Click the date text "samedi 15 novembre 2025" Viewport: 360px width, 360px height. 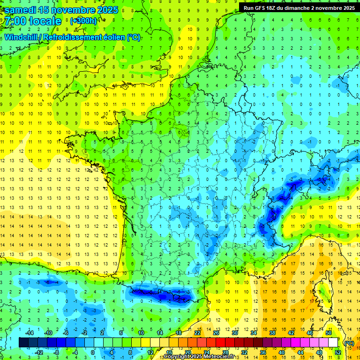(x=61, y=10)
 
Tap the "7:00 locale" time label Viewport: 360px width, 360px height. (x=33, y=22)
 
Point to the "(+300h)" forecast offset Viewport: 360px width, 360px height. (x=83, y=21)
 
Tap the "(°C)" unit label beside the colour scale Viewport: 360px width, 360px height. (x=348, y=343)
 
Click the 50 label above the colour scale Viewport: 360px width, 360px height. (x=329, y=333)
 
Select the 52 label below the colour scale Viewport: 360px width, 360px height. (x=338, y=352)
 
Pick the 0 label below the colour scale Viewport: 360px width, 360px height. (x=92, y=352)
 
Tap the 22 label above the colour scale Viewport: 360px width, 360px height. (x=198, y=333)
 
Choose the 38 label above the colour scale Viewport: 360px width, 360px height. (x=272, y=333)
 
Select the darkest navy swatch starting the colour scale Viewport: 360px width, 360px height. (x=23, y=343)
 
